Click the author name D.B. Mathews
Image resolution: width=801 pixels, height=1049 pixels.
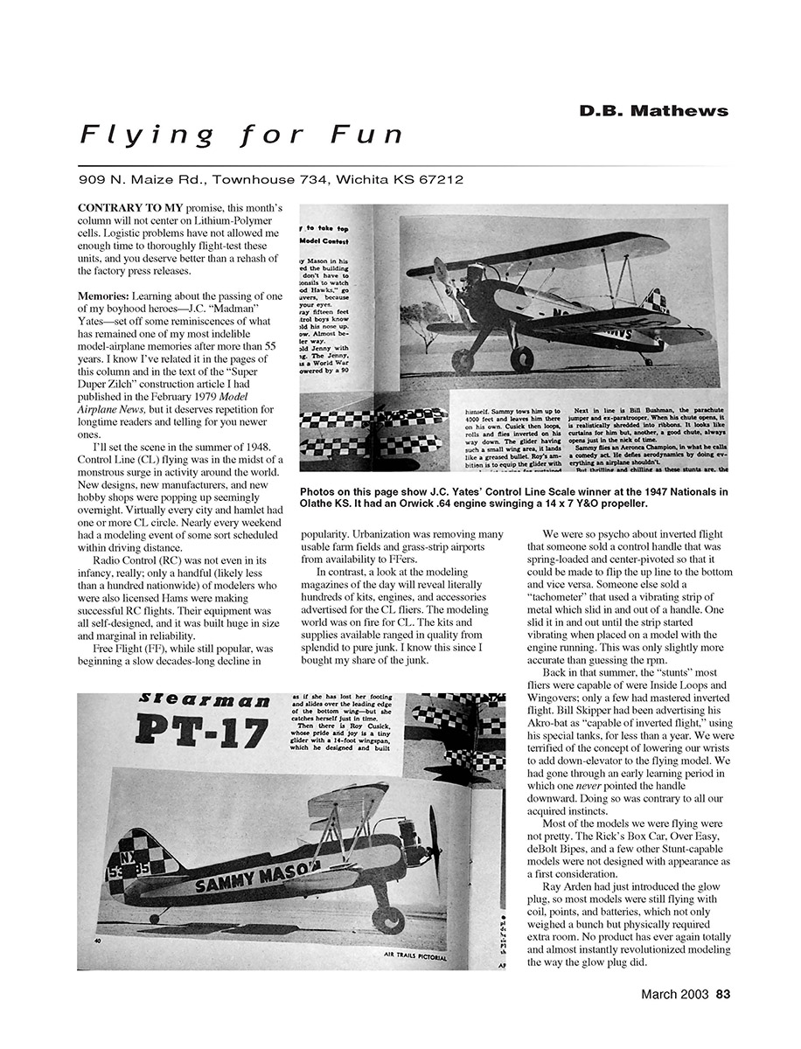point(653,111)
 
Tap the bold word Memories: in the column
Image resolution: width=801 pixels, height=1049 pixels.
point(103,296)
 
